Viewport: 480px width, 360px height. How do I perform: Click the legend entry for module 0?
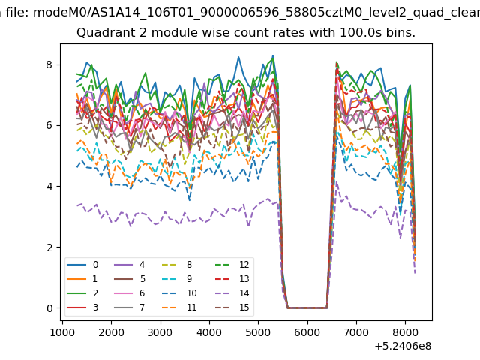click(82, 265)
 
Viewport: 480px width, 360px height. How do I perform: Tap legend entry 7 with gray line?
click(130, 307)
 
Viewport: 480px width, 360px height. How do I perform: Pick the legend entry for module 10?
click(179, 293)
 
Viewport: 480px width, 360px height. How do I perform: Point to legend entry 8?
click(177, 265)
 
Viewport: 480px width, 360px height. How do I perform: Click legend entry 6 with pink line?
click(130, 293)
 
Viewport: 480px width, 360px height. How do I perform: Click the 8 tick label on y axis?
click(49, 65)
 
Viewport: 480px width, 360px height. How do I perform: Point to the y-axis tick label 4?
click(49, 187)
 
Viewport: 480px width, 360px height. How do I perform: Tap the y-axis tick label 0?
click(49, 308)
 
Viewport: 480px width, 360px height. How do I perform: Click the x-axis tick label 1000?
click(62, 332)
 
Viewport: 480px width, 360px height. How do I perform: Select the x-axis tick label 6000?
click(307, 332)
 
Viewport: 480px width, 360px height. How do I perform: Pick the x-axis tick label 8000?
click(405, 332)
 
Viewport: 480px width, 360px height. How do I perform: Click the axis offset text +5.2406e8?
click(403, 346)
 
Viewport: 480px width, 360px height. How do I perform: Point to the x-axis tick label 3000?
click(160, 332)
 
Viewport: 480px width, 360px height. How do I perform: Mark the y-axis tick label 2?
click(49, 247)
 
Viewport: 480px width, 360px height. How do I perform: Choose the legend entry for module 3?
click(82, 307)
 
